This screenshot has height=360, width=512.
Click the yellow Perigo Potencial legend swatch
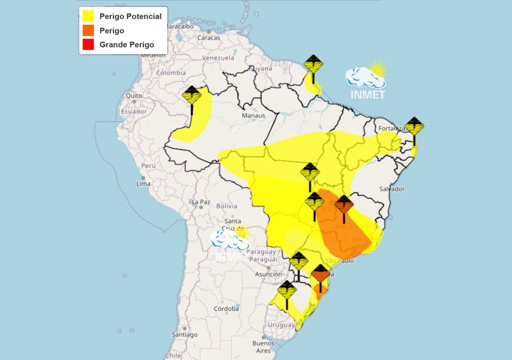coord(88,16)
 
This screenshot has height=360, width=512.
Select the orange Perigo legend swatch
coord(88,30)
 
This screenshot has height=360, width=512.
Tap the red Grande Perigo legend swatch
coord(88,44)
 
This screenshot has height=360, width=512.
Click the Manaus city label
coord(253,116)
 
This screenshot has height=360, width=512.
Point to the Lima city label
coord(143,183)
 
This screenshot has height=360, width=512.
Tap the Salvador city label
coord(391,189)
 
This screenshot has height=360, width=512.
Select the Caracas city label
coord(208,37)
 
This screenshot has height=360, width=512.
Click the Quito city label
coord(133,95)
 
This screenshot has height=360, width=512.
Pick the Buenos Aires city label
coord(263,347)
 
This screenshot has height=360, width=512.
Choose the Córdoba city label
coord(226,309)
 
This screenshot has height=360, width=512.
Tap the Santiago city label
coord(185,334)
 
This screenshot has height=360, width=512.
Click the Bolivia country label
coord(226,205)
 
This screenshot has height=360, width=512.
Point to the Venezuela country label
coord(218,58)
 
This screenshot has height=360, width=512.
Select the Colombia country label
coord(170,72)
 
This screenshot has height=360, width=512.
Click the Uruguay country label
coord(281,325)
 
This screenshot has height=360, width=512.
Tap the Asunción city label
coord(268,274)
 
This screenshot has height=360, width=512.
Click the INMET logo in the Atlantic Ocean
coord(367,82)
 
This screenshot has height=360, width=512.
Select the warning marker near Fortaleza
coord(414,128)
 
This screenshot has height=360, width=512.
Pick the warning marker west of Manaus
coord(192,97)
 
